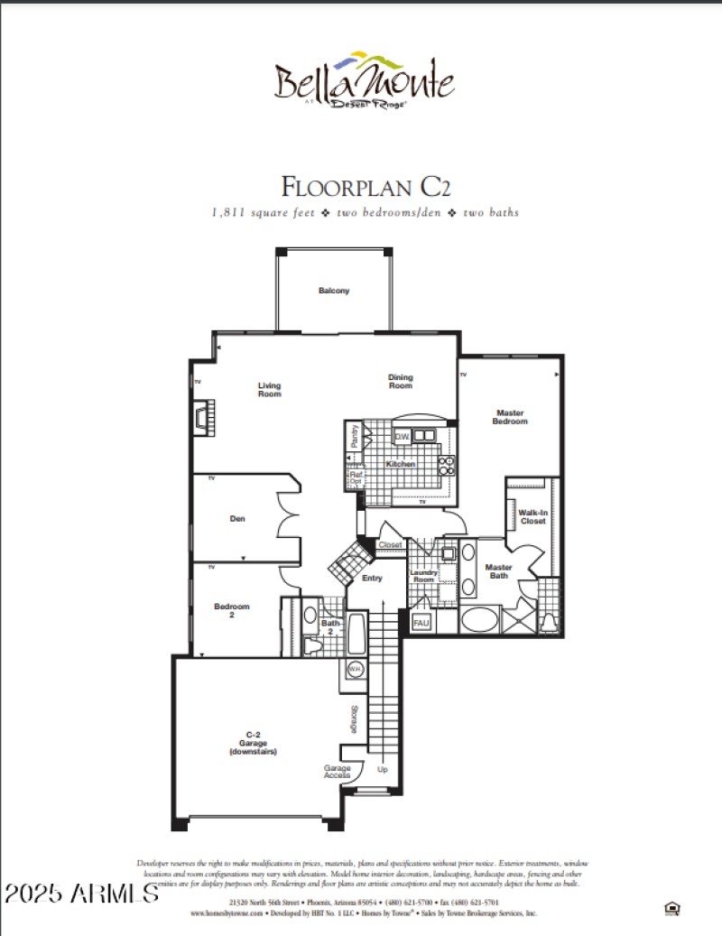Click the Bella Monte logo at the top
(x=365, y=81)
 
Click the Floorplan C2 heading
(x=365, y=187)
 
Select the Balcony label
(x=333, y=291)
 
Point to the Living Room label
(x=269, y=389)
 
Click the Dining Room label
(x=400, y=382)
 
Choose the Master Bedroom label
(x=510, y=418)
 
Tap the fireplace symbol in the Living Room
(x=200, y=415)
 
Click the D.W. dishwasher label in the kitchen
(x=403, y=438)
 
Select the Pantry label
(x=356, y=436)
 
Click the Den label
(x=237, y=519)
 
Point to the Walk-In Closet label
(x=532, y=516)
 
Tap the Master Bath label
(x=499, y=571)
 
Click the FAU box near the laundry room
(x=421, y=622)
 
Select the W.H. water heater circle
(x=355, y=670)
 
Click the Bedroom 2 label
(x=231, y=611)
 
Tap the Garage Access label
(x=338, y=773)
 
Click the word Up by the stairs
(x=383, y=770)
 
